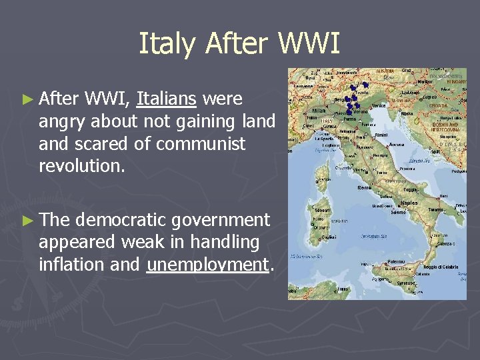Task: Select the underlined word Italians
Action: coord(166,99)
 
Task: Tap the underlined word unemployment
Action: coord(207,265)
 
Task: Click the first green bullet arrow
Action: coord(27,100)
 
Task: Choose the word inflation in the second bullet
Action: coord(71,265)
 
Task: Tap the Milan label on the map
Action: coord(319,111)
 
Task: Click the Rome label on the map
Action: coord(365,188)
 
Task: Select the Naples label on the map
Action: coord(409,202)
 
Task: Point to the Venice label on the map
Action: coord(379,105)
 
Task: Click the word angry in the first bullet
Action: coord(63,122)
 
